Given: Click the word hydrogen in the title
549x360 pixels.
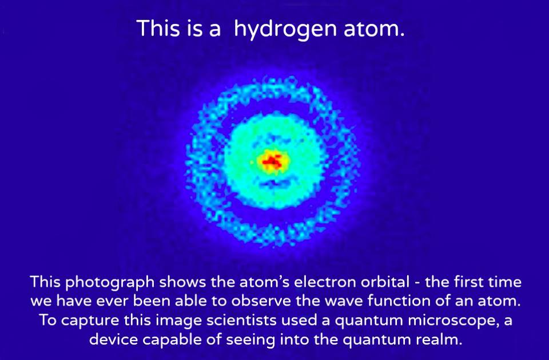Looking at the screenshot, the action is [285, 29].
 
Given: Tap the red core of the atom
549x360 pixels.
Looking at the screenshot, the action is [272, 161].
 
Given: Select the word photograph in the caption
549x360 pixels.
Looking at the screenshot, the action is [110, 283].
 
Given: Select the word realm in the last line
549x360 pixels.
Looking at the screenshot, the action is [439, 339].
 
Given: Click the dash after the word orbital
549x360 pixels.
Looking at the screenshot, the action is [417, 283].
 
